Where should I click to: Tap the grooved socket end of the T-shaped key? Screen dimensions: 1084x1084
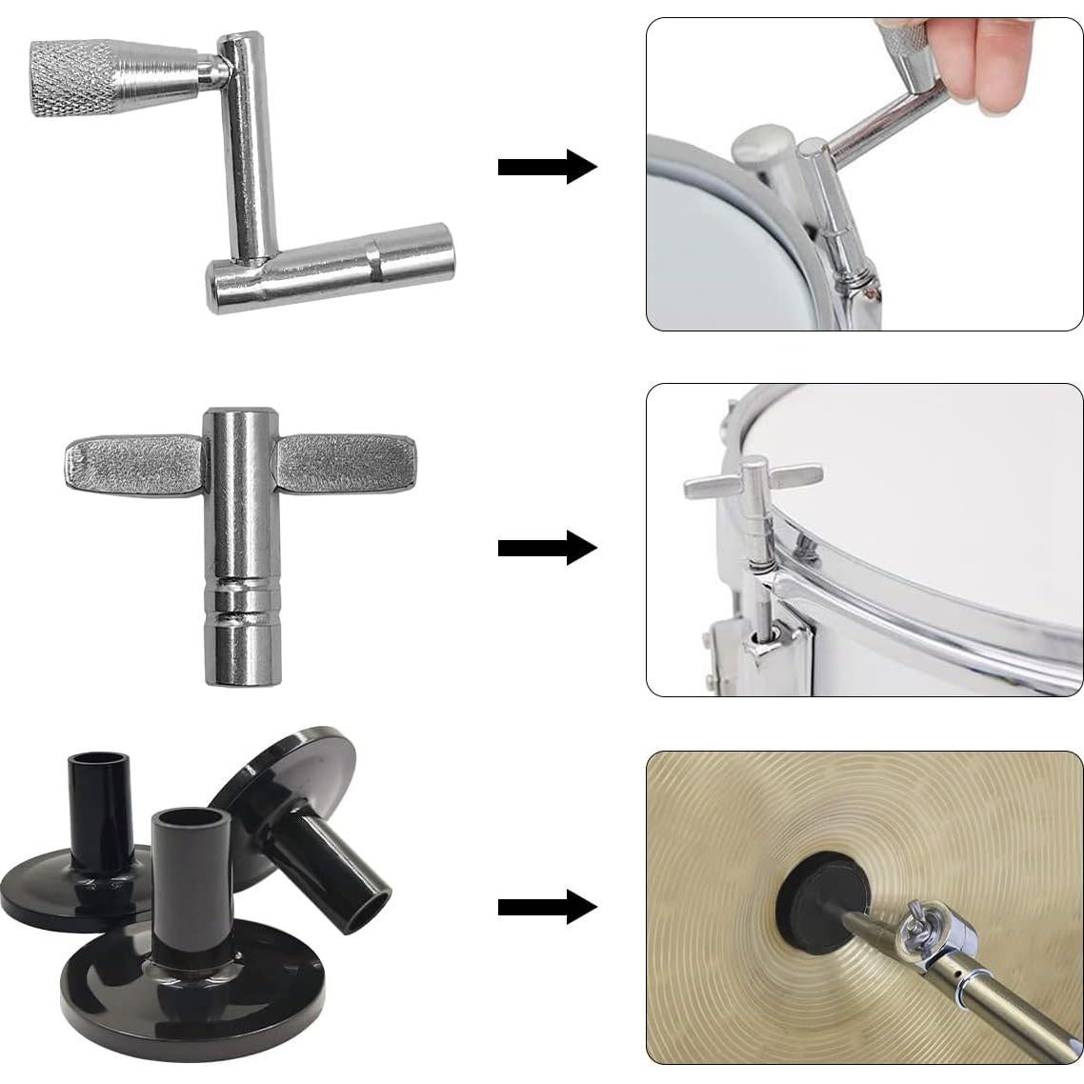pyautogui.click(x=242, y=629)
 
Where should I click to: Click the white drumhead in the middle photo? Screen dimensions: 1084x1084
pyautogui.click(x=933, y=505)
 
